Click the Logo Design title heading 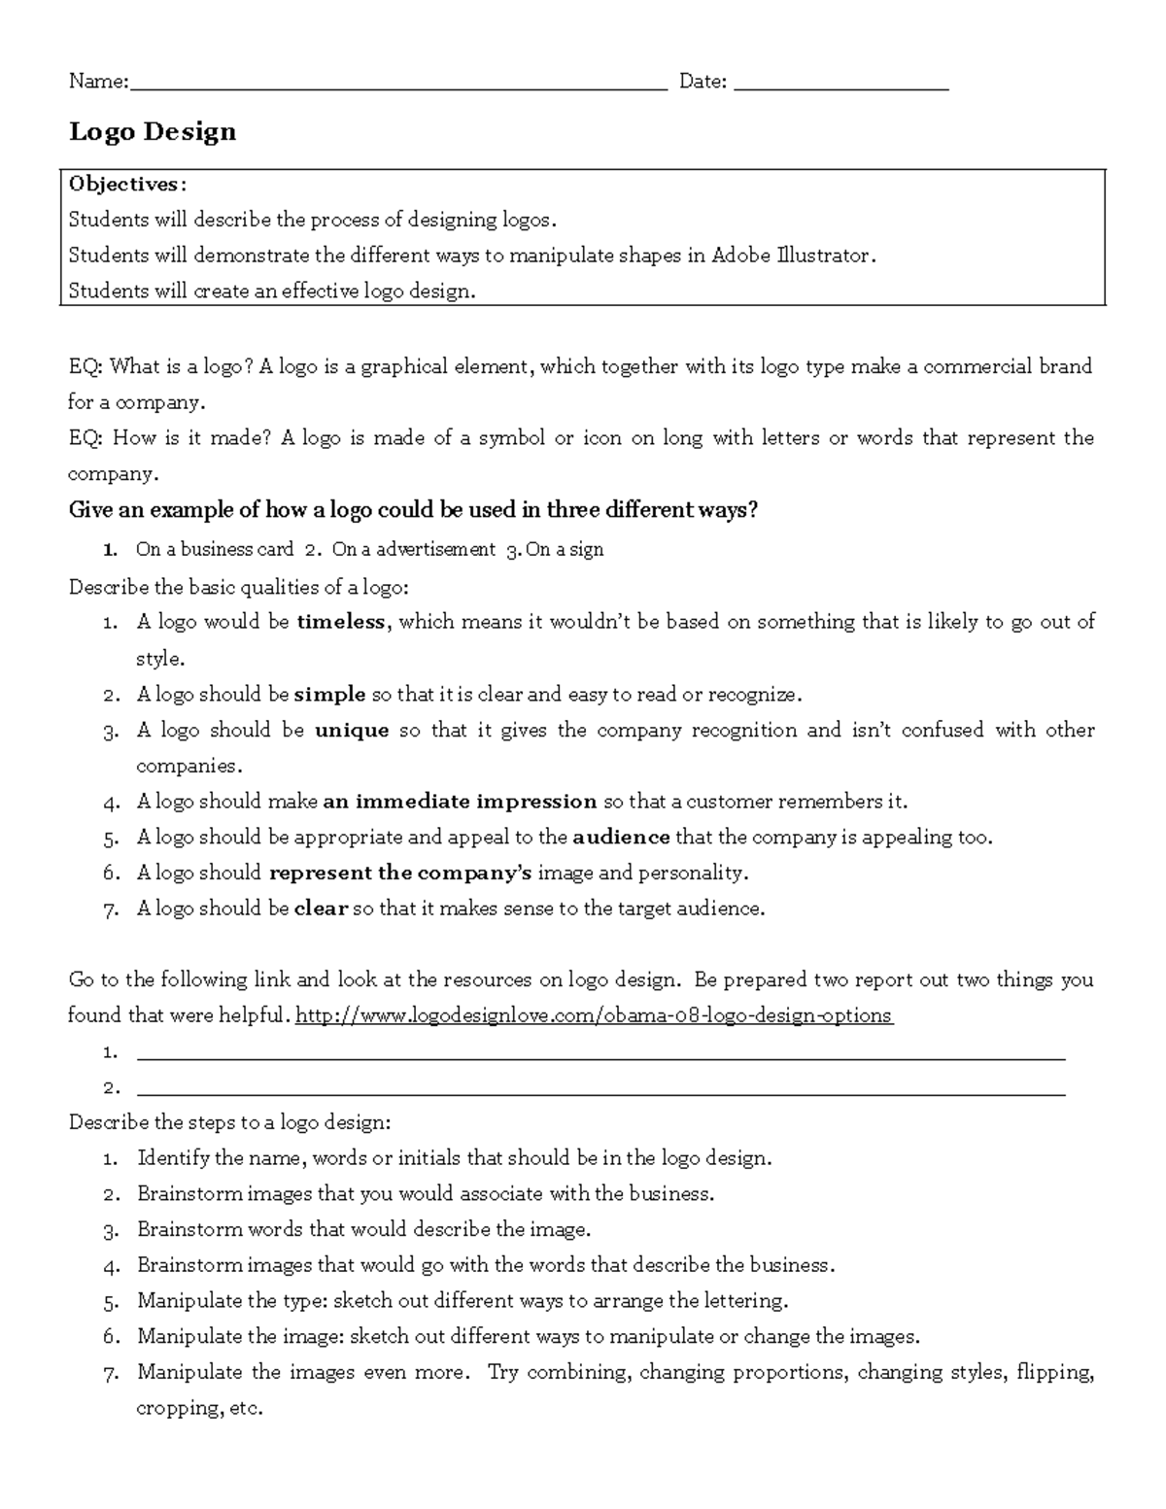tap(153, 131)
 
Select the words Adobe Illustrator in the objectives tap(792, 256)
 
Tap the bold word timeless tap(341, 622)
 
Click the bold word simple tap(329, 695)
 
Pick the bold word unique tap(352, 731)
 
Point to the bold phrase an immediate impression tap(460, 802)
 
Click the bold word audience tap(621, 838)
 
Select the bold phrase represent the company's tap(400, 873)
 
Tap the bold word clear tap(321, 909)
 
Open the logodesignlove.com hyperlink tap(593, 1015)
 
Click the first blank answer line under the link tap(600, 1053)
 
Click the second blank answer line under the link tap(600, 1089)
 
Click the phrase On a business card tap(215, 550)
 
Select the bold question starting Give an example tap(413, 510)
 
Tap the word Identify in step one tap(173, 1158)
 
